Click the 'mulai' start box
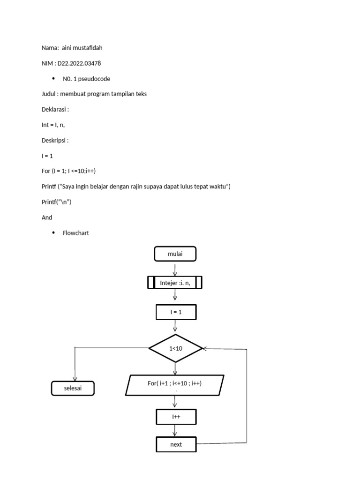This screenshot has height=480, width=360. [x=175, y=254]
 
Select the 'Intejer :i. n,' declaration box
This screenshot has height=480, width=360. [x=175, y=283]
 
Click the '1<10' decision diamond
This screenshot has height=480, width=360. [x=175, y=348]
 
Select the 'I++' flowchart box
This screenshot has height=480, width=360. [x=175, y=416]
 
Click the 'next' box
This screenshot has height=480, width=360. [x=176, y=444]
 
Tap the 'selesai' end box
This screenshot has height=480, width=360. [x=73, y=388]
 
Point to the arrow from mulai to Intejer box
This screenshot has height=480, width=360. [x=175, y=269]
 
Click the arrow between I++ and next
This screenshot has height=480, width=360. [x=175, y=430]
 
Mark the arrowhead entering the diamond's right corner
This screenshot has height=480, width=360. [x=205, y=349]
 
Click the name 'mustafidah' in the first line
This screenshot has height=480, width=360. [x=87, y=48]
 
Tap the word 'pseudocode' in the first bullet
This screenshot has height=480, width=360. [x=95, y=79]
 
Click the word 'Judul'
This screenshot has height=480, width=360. [x=49, y=94]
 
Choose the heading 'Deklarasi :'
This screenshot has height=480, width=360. [x=55, y=109]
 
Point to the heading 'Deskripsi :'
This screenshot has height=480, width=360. [x=55, y=140]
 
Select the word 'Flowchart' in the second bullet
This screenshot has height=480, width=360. [x=76, y=233]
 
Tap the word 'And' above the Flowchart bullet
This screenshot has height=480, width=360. [x=47, y=217]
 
